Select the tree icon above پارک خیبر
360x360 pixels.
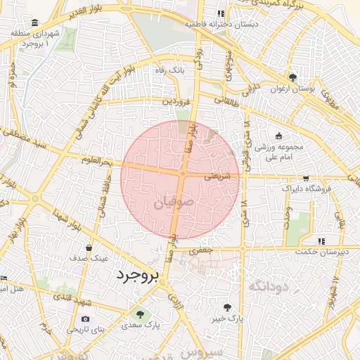click(x=226, y=307)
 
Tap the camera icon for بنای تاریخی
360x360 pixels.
click(x=86, y=319)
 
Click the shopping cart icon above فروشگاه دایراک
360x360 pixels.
click(x=305, y=179)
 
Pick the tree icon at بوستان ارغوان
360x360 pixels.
click(x=292, y=77)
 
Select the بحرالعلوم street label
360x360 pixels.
click(x=96, y=161)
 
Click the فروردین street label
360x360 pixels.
click(x=176, y=101)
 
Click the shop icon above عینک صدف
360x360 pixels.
click(x=89, y=247)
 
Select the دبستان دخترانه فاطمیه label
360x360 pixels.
click(x=211, y=23)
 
